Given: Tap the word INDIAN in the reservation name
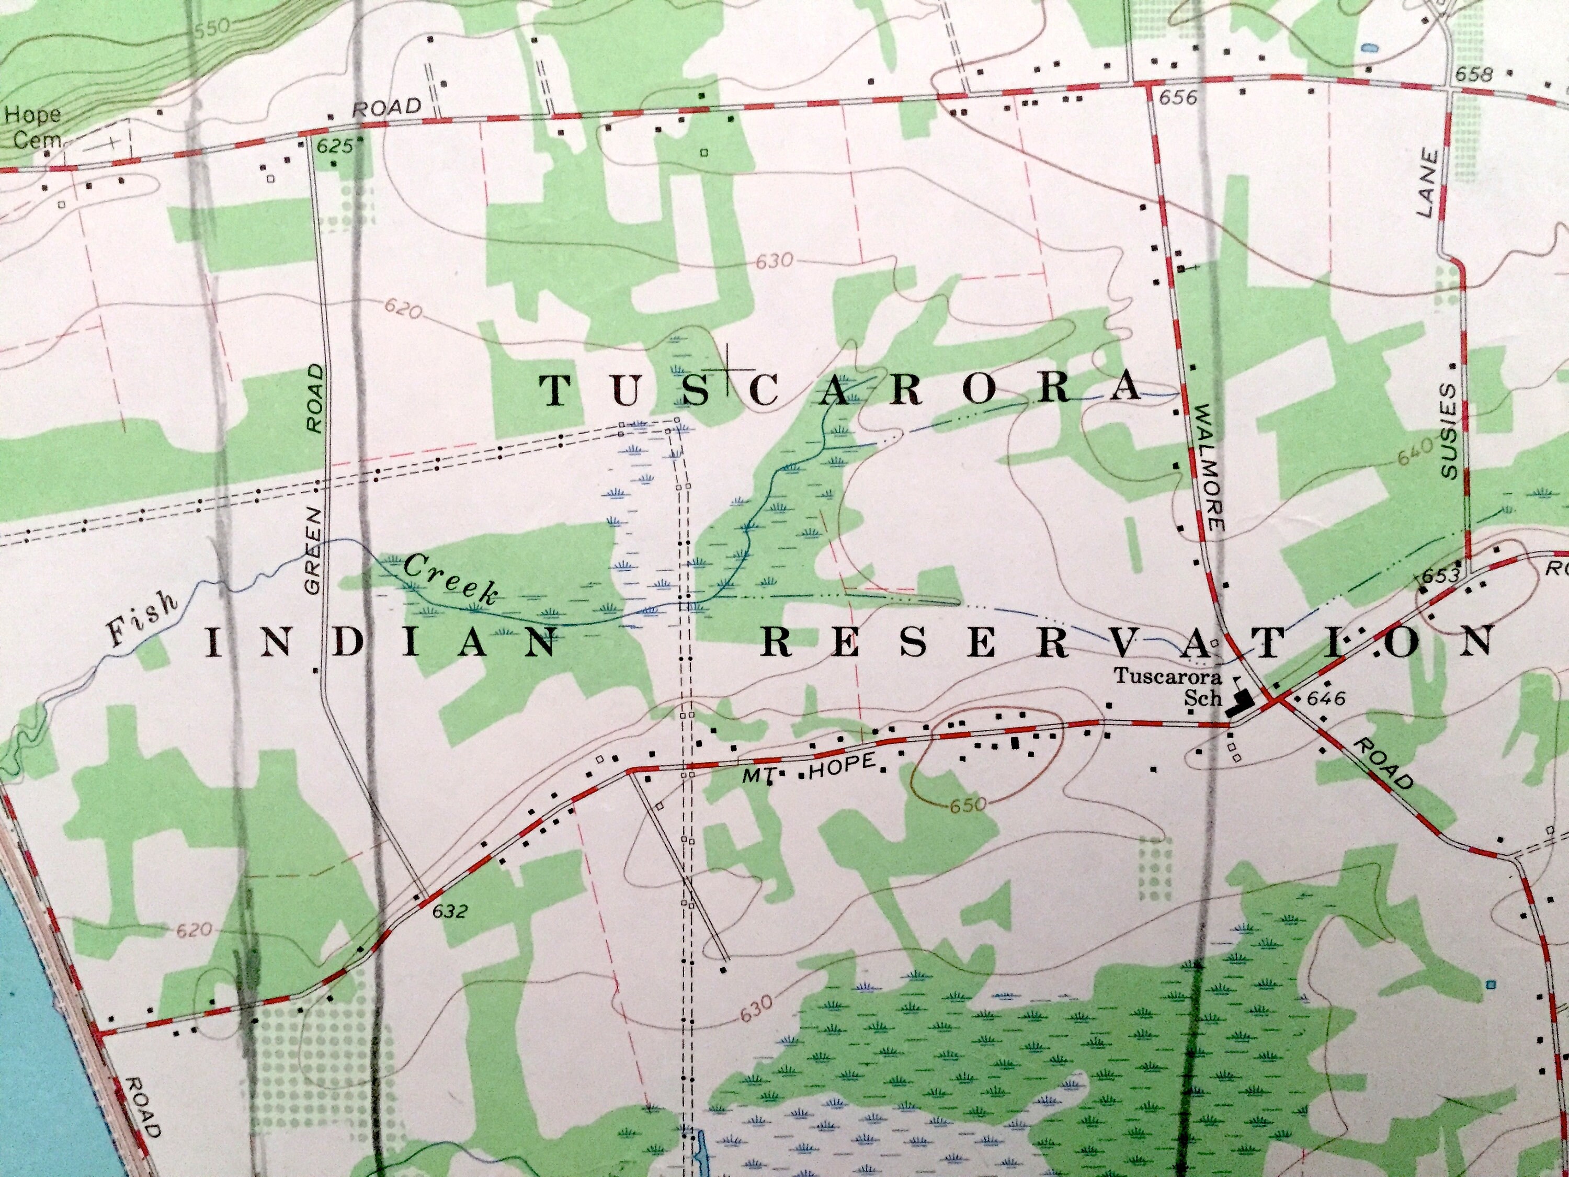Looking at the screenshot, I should (x=383, y=643).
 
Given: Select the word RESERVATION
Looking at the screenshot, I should (x=1128, y=643).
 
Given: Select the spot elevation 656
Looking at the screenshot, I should (x=1177, y=97).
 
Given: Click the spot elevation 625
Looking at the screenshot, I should (x=334, y=147).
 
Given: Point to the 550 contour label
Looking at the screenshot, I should (x=211, y=28).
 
